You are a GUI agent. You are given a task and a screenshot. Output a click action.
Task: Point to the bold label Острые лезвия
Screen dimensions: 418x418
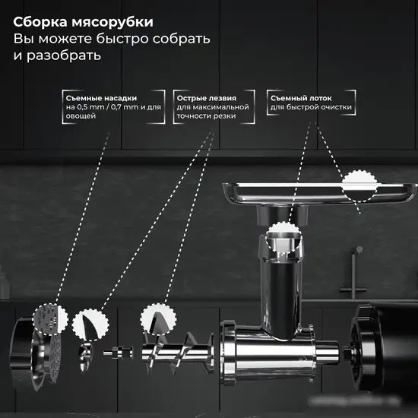[x=205, y=98]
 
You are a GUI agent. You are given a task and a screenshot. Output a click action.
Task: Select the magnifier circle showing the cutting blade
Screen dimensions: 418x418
[x=90, y=322]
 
